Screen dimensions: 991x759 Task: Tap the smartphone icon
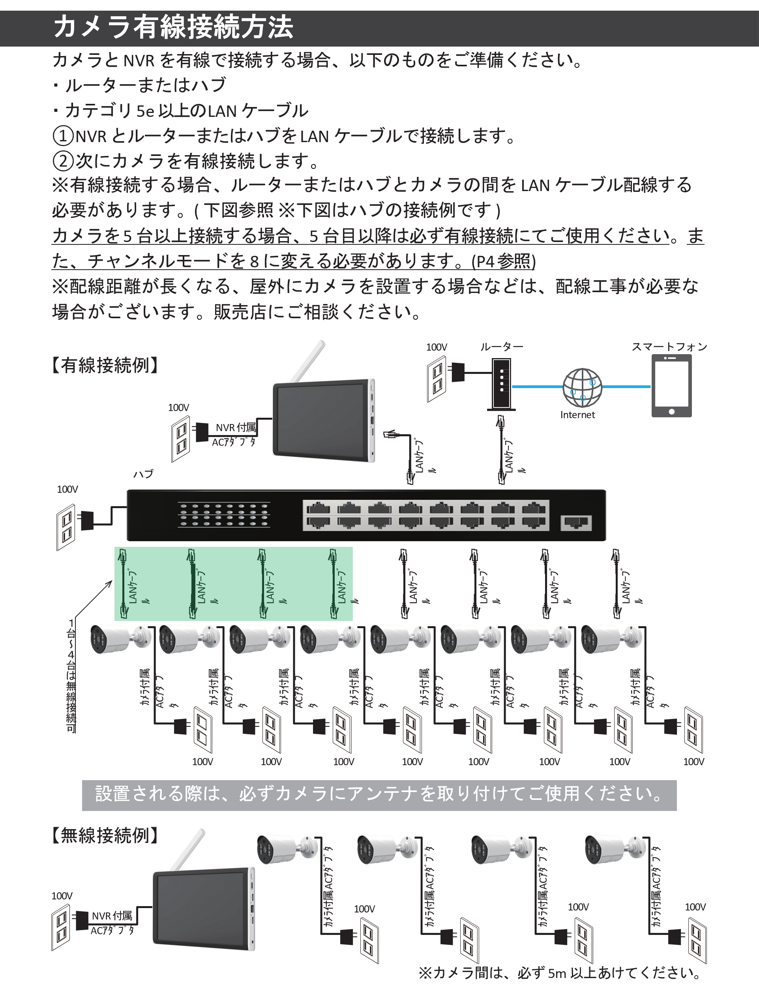coord(671,385)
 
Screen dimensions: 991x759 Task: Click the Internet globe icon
coord(582,387)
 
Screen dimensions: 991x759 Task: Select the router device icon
coord(502,384)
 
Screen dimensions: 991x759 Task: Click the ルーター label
coord(502,347)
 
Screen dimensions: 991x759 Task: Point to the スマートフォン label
coord(669,347)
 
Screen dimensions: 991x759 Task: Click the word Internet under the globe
coord(577,415)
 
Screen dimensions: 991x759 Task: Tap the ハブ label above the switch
coord(143,473)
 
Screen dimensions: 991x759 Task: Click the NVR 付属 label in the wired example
coord(235,428)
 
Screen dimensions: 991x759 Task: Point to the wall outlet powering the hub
coord(66,527)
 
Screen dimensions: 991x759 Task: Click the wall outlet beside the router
coord(437,379)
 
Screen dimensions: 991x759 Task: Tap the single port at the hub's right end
coord(576,522)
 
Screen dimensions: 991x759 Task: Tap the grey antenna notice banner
coord(379,795)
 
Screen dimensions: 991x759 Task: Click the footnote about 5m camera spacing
coord(560,972)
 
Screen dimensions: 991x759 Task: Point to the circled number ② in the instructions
coord(63,161)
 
